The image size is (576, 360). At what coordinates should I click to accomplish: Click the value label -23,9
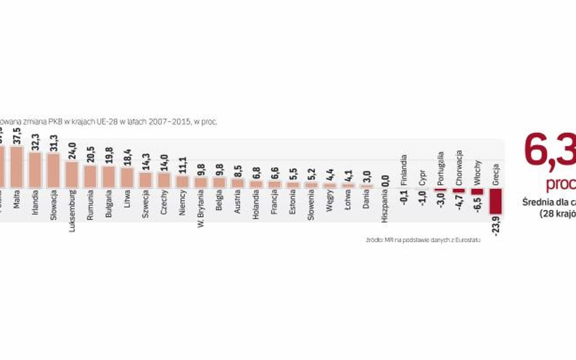[x=496, y=225]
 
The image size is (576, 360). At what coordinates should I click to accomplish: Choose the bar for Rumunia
[x=90, y=176]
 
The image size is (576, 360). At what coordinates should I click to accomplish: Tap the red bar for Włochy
[x=478, y=191]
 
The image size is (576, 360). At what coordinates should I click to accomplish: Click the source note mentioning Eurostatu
[x=423, y=240]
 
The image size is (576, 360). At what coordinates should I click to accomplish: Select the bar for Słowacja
[x=53, y=170]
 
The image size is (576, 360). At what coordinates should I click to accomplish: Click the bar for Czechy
[x=164, y=180]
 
